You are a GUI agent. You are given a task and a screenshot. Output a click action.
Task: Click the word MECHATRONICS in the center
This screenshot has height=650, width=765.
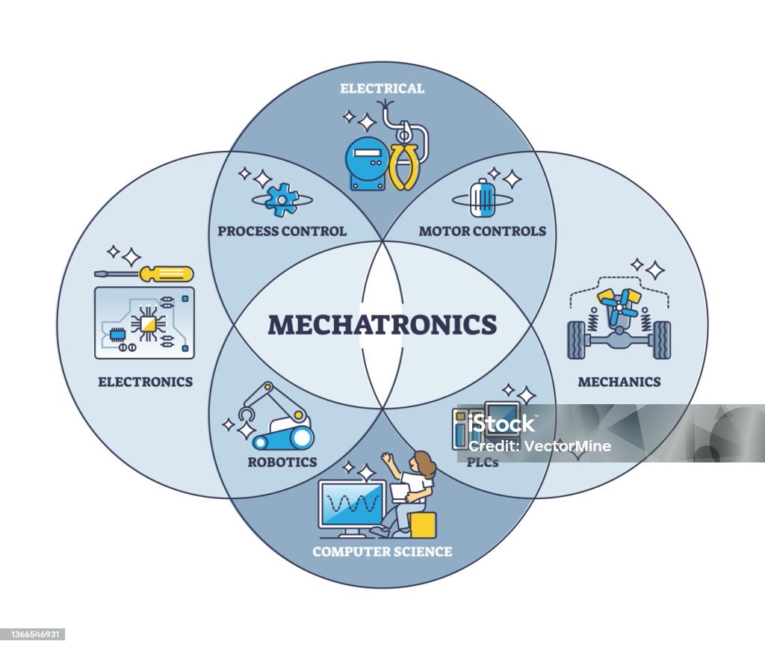pyautogui.click(x=382, y=325)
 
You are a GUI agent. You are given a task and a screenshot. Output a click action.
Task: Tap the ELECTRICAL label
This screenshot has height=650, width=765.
pyautogui.click(x=382, y=88)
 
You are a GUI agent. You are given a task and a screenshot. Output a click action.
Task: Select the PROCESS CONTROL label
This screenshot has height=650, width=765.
pyautogui.click(x=282, y=231)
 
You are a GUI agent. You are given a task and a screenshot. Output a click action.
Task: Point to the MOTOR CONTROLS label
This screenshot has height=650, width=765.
pyautogui.click(x=482, y=231)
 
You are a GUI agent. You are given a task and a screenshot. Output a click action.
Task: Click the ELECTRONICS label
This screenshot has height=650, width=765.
pyautogui.click(x=145, y=382)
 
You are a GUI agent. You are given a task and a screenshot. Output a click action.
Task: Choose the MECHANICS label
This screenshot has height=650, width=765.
pyautogui.click(x=619, y=382)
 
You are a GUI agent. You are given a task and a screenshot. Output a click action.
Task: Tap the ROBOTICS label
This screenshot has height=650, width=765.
pyautogui.click(x=282, y=462)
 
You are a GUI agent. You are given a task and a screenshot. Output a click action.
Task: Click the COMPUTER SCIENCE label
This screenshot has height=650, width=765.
pyautogui.click(x=382, y=551)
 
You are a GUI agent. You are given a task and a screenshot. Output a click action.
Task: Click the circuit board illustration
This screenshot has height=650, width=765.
pyautogui.click(x=144, y=322)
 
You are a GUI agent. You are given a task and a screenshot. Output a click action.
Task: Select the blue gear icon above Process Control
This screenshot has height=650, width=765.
pyautogui.click(x=282, y=198)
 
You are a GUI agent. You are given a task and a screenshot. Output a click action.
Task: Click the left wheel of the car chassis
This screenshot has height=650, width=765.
pyautogui.click(x=577, y=340)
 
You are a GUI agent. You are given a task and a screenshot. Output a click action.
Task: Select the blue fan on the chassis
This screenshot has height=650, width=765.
pyautogui.click(x=619, y=306)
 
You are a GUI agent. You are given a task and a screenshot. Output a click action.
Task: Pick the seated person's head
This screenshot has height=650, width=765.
pyautogui.click(x=424, y=463)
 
